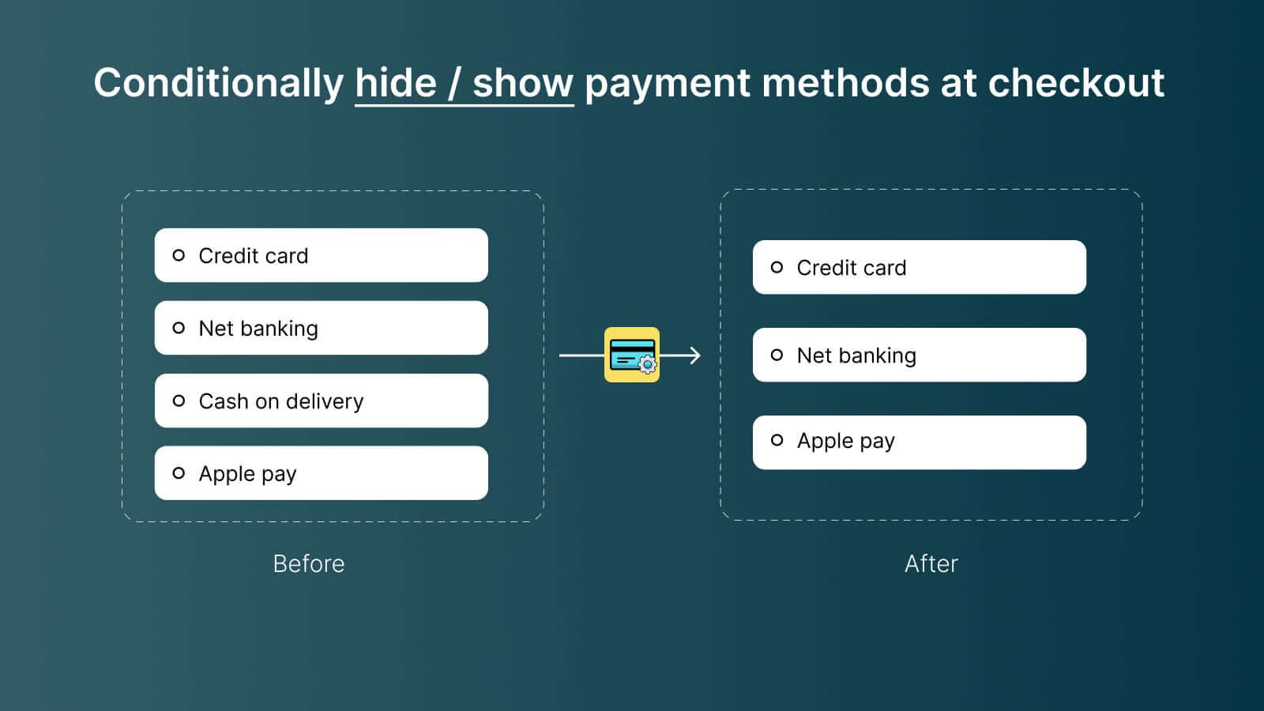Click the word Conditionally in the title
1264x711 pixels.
tap(219, 83)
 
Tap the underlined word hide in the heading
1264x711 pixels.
tap(396, 83)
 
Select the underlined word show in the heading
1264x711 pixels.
tap(523, 83)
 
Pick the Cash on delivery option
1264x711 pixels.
tap(281, 401)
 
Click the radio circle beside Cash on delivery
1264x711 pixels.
tap(179, 401)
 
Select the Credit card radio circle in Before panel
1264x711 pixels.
tap(179, 255)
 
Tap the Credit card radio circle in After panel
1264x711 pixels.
tap(777, 267)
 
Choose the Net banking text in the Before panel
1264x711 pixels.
tap(258, 329)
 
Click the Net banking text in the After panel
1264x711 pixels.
tap(856, 355)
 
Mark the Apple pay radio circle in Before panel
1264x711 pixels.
tap(179, 473)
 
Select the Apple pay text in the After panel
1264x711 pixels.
tap(845, 441)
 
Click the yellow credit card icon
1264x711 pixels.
tap(631, 354)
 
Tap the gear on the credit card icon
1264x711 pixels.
tap(648, 365)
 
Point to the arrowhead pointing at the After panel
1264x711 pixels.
tap(694, 355)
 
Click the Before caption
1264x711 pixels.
tap(309, 563)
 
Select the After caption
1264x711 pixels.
tap(931, 563)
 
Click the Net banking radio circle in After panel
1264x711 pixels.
tap(777, 355)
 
